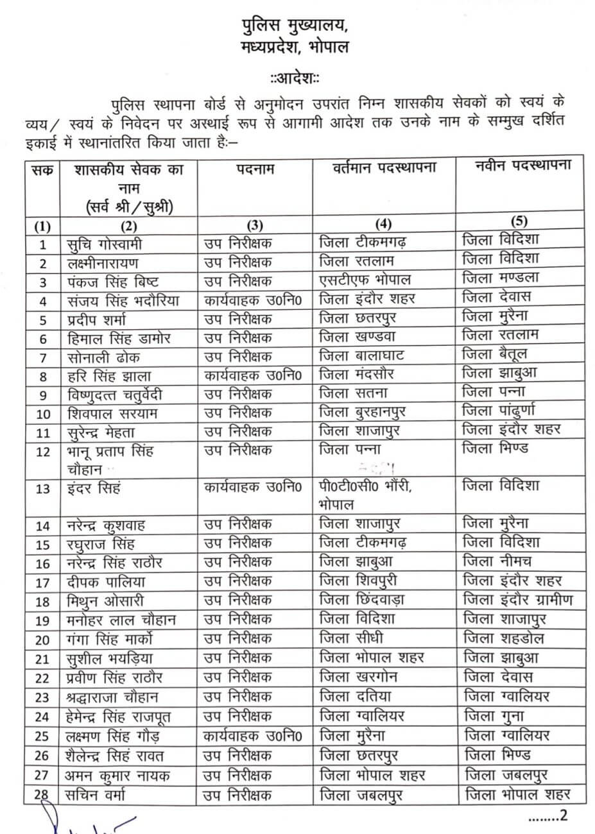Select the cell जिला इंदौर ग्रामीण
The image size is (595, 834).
click(x=517, y=600)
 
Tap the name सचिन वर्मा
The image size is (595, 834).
click(x=98, y=796)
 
